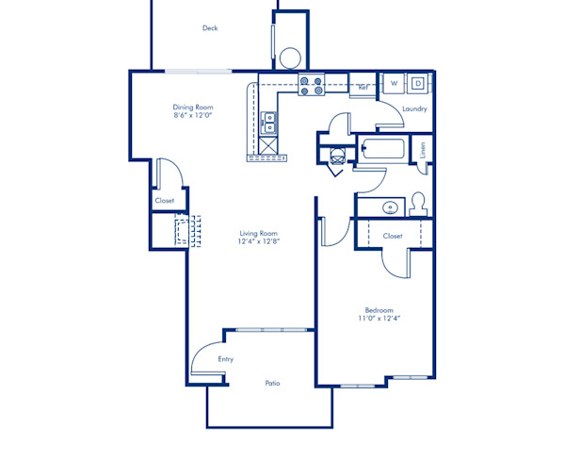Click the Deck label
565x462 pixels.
[x=210, y=28]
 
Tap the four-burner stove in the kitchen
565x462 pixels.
[x=312, y=86]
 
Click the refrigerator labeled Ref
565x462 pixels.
[x=363, y=87]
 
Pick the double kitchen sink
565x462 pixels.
[x=270, y=123]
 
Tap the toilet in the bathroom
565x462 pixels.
[x=419, y=203]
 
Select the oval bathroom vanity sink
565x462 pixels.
[x=388, y=206]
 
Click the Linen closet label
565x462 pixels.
[x=424, y=149]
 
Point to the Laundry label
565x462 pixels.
[x=414, y=109]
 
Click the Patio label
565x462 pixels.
[x=272, y=383]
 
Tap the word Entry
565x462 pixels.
[x=225, y=359]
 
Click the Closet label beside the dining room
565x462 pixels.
[x=165, y=201]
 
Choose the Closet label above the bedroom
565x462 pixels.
[x=393, y=236]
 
